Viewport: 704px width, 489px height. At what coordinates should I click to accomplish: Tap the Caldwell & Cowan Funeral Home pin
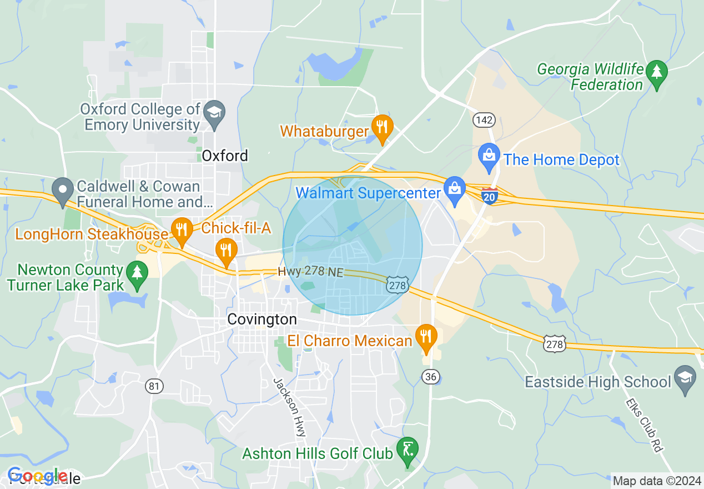coord(63,190)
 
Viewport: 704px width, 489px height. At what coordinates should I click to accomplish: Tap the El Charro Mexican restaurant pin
coord(426,337)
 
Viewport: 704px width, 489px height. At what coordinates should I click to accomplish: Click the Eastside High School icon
coord(685,380)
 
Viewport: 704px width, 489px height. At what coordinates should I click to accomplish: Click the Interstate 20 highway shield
coord(489,196)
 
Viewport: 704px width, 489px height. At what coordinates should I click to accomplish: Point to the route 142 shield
coord(484,120)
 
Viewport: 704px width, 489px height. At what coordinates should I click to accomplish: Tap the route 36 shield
coord(430,377)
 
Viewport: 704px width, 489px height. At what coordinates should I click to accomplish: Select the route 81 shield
coord(155,387)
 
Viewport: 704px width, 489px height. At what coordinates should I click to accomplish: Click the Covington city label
coord(262,320)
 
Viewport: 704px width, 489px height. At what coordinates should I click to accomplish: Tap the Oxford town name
coord(224,156)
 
